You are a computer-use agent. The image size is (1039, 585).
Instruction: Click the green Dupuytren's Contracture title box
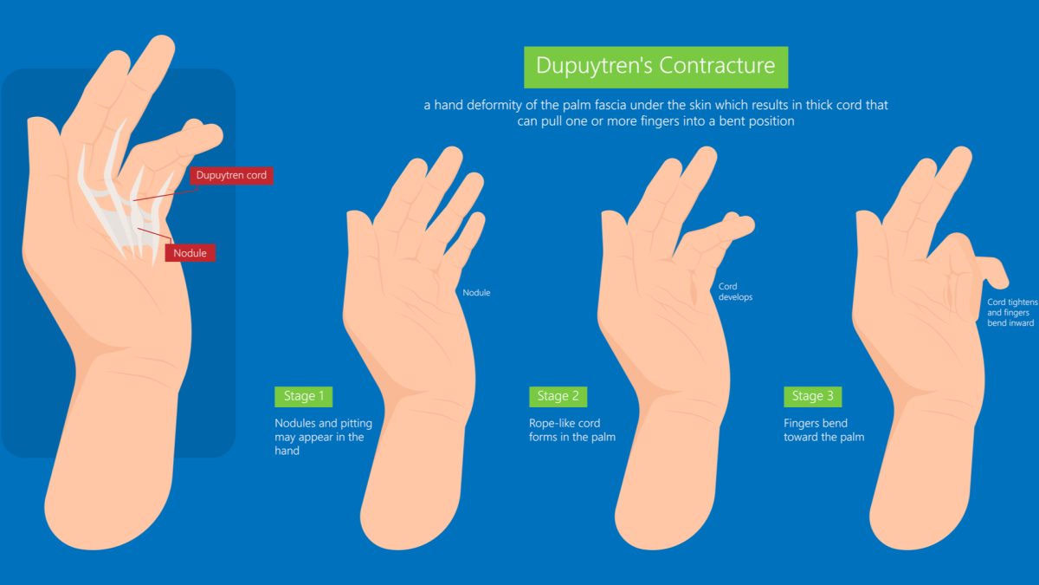click(x=655, y=67)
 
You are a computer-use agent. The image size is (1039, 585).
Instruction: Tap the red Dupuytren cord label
click(x=231, y=176)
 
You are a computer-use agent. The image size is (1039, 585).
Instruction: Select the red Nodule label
click(x=190, y=253)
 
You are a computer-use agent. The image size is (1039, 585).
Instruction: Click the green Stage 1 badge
click(x=303, y=396)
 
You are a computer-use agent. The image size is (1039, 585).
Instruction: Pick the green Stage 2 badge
click(x=558, y=396)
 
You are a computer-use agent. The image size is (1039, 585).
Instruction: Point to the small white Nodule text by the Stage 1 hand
click(x=476, y=293)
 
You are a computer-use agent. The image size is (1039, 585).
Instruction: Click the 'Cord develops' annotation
click(x=735, y=292)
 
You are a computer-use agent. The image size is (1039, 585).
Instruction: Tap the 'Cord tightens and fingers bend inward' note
click(x=1011, y=312)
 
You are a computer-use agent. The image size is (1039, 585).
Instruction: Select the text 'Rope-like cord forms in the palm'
click(x=572, y=430)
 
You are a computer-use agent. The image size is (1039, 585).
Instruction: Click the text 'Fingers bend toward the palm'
click(x=823, y=430)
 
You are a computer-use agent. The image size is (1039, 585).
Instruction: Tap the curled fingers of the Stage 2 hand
click(x=723, y=230)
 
